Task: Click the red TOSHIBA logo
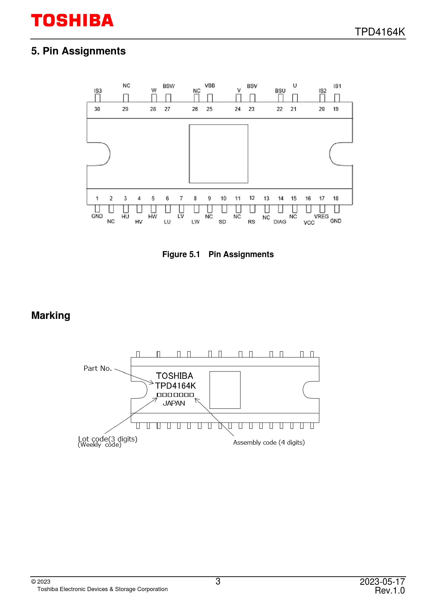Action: coord(72,20)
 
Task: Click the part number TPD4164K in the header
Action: coord(380,32)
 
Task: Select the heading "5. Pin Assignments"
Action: coord(78,51)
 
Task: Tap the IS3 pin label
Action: coord(98,91)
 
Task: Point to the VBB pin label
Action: coord(210,86)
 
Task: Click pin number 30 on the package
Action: coord(97,109)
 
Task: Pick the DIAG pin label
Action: coord(280,222)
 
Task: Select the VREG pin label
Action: coord(321,217)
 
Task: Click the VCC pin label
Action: coord(309,223)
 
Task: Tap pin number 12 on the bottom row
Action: coord(252,198)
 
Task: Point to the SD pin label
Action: coord(222,222)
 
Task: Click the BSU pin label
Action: coord(280,91)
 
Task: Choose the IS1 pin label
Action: coord(337,86)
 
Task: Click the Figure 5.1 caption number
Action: coord(181,254)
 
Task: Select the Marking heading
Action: coord(51,315)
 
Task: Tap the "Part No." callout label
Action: coord(98,368)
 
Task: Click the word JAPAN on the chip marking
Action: coord(174,404)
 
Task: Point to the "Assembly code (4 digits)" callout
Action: coord(269,443)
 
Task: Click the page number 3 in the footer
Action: coord(218,582)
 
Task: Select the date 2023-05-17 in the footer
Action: coord(382,582)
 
